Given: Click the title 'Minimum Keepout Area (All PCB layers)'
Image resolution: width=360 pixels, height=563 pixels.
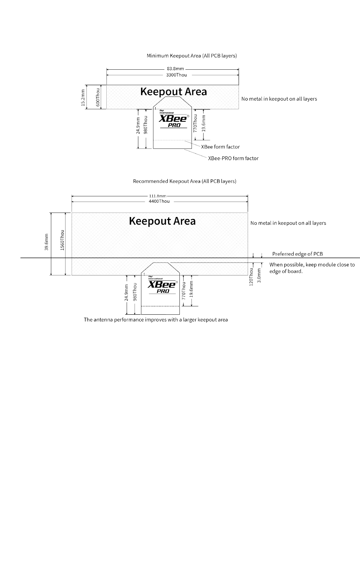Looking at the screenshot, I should point(191,56).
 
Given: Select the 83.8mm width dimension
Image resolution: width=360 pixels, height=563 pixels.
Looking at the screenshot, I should point(175,69).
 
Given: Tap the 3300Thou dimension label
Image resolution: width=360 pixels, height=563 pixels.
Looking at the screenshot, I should point(176,75).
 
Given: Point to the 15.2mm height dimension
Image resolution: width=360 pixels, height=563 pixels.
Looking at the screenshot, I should point(83,97).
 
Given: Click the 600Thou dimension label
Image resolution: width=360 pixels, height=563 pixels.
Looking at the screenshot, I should point(97,97).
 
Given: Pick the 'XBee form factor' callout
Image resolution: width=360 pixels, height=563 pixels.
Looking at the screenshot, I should point(220,147).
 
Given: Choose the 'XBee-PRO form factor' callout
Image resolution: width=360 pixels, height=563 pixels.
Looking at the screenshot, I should point(233,159).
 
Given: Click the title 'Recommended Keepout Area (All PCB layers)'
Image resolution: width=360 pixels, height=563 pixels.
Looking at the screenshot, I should point(184,181).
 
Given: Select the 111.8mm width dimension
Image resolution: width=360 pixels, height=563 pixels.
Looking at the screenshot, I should point(158,196).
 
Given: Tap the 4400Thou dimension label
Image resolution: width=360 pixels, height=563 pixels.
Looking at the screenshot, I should point(159,201).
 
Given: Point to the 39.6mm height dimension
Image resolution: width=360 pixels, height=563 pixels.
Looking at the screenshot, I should point(46,242).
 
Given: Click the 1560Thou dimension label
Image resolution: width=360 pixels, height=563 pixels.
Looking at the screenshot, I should point(63,240).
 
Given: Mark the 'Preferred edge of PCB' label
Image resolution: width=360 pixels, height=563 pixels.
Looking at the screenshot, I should point(297,254).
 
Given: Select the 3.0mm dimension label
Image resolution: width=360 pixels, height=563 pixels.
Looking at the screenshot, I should point(259,276).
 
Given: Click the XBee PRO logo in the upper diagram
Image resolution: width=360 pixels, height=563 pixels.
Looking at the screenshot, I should point(173,119).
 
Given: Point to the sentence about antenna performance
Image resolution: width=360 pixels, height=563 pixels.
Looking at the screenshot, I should point(156,320).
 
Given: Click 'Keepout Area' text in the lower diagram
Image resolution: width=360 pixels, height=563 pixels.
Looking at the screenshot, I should point(162,221).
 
